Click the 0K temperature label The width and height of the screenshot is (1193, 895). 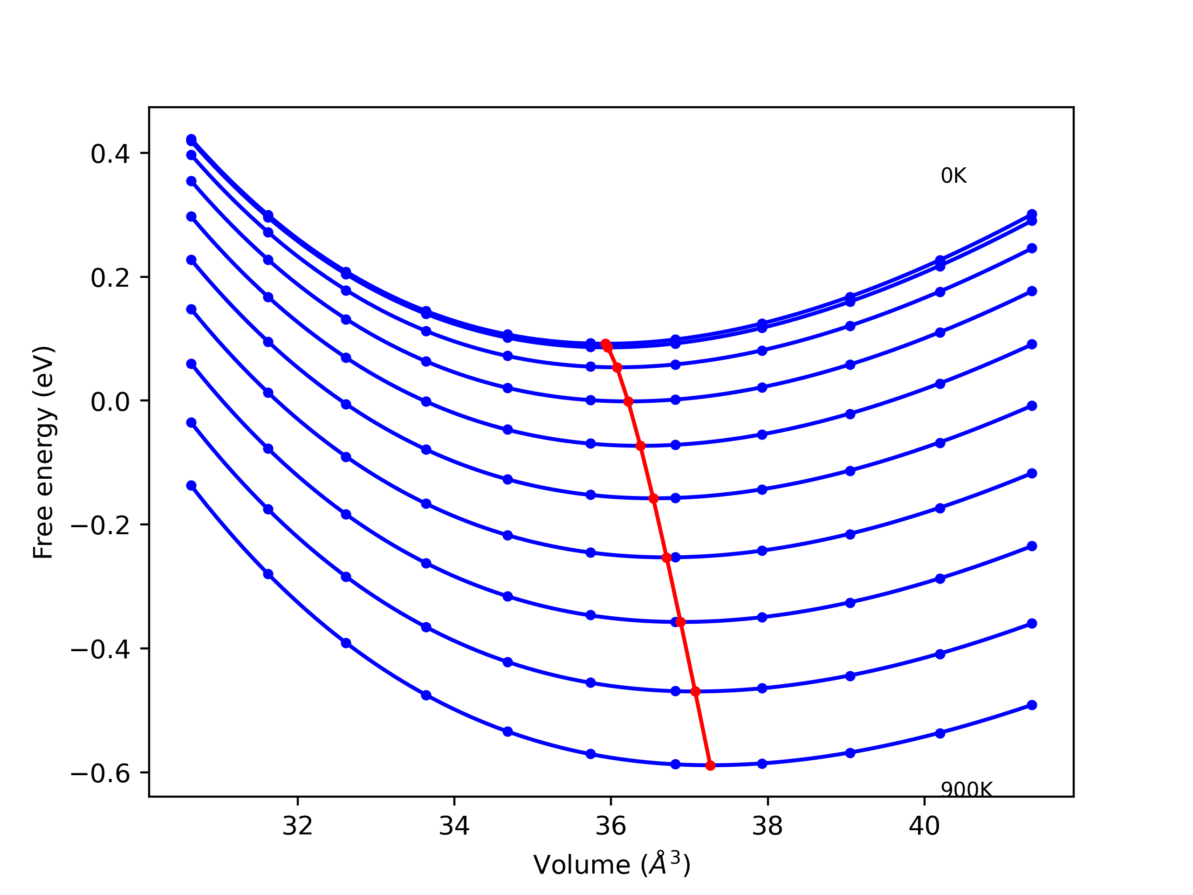coord(953,176)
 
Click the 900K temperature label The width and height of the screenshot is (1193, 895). coord(966,790)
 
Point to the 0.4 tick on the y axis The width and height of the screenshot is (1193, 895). coord(110,154)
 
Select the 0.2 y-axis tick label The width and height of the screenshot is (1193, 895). coord(110,278)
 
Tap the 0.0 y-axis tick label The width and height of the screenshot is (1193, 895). coord(110,402)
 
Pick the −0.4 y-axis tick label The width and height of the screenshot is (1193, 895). coord(100,650)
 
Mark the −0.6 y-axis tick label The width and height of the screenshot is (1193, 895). coord(100,774)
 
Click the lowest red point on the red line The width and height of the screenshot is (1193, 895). coord(710,765)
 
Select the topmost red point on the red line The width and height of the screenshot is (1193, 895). coord(605,344)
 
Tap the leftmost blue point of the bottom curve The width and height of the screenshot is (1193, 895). coord(191,486)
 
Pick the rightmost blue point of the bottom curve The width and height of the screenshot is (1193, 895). coord(1032,705)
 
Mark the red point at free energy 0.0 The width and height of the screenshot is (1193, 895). coord(628,401)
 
